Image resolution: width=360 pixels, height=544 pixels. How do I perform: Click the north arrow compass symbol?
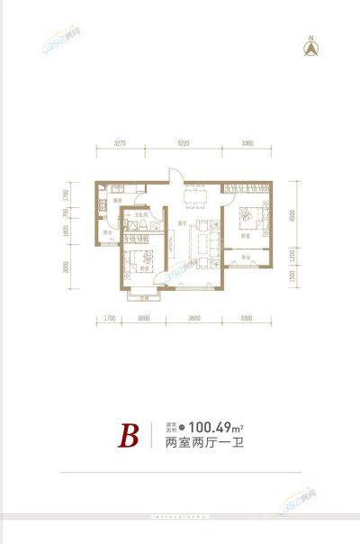312,47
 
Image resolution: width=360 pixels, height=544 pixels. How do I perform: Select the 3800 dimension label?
193,316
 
